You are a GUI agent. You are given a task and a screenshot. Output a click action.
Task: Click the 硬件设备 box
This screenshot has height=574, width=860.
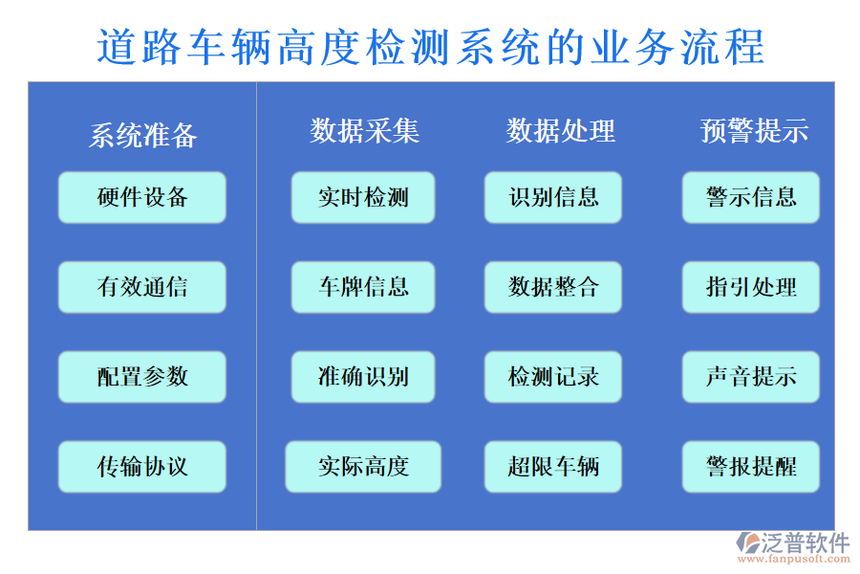point(142,197)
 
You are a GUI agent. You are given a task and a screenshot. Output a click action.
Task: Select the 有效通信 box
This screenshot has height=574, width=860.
point(142,287)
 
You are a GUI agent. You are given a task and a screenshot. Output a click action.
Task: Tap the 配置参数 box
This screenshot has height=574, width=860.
point(142,376)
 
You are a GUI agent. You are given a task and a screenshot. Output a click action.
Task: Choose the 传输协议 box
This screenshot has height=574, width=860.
point(142,466)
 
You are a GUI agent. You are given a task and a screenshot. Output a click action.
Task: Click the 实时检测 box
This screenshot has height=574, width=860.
point(363,197)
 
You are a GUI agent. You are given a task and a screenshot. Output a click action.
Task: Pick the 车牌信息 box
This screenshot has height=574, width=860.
point(363,287)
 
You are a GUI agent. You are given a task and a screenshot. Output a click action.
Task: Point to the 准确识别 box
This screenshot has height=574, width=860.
point(363,376)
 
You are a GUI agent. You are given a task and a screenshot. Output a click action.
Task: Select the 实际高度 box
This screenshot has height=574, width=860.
point(363,466)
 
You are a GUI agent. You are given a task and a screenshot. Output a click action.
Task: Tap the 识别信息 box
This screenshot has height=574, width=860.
point(553,197)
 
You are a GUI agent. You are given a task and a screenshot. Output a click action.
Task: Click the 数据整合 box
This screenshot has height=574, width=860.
point(553,287)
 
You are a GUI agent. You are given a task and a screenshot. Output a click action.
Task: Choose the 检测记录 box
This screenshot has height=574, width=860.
point(553,376)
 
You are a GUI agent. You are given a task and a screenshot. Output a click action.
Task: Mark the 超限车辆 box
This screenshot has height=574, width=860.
point(553,466)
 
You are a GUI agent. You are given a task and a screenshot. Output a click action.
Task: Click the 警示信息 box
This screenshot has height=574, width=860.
point(751,197)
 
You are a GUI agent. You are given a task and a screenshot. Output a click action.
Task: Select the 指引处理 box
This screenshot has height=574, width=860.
point(751,287)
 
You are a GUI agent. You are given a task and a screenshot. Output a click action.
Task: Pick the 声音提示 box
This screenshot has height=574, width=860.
point(751,376)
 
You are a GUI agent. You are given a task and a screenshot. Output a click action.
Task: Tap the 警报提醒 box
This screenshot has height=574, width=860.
point(751,466)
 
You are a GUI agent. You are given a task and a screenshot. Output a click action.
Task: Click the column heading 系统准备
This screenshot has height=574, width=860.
point(143,136)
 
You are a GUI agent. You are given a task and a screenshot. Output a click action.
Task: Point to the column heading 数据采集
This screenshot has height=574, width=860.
point(364,130)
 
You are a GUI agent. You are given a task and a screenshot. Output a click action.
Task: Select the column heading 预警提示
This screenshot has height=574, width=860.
point(754,130)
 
